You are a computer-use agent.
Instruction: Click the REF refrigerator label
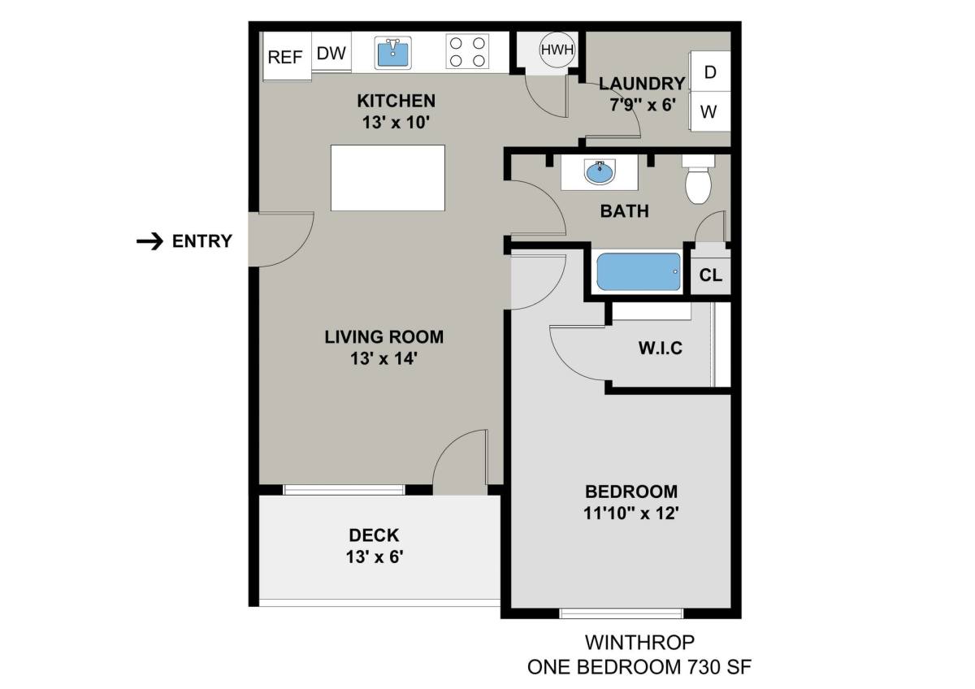pos(285,57)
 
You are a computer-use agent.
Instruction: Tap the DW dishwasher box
pos(331,51)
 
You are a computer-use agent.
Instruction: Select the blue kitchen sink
pos(392,53)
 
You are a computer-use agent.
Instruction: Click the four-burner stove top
pos(467,51)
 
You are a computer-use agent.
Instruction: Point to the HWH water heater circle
pos(557,50)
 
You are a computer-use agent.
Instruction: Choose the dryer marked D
pos(710,71)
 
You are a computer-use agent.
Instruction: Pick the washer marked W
pos(710,111)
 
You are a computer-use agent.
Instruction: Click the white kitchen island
pos(388,178)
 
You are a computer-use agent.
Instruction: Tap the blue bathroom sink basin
pos(600,172)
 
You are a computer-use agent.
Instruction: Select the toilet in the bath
pos(698,179)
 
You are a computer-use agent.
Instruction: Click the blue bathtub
pos(639,271)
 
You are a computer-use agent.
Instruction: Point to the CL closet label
pos(710,275)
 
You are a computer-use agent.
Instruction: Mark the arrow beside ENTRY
pos(149,241)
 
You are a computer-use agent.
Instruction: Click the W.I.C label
pos(661,349)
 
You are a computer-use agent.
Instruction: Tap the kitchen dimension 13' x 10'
pos(396,123)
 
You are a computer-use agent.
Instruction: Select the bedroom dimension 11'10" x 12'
pos(631,513)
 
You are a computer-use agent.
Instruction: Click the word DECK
pos(374,535)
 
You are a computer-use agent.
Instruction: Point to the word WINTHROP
pos(639,643)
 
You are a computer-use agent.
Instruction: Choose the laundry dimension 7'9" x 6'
pos(643,105)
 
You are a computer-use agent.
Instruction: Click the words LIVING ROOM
pos(383,337)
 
